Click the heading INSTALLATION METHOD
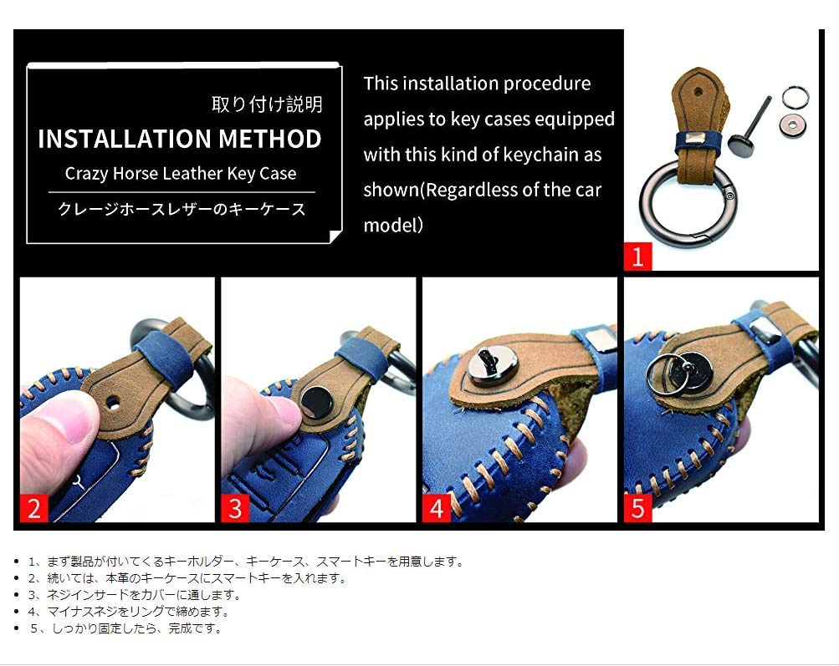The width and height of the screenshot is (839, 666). pyautogui.click(x=179, y=139)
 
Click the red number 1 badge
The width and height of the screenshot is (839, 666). pyautogui.click(x=637, y=257)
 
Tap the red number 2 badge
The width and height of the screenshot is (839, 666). pyautogui.click(x=33, y=507)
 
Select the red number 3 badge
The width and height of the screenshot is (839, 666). pyautogui.click(x=235, y=507)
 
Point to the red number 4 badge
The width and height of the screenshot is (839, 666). pyautogui.click(x=437, y=507)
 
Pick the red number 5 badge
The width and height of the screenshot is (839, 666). pyautogui.click(x=637, y=507)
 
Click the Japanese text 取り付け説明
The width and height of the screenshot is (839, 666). pyautogui.click(x=267, y=104)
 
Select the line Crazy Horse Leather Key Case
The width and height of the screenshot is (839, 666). pyautogui.click(x=180, y=174)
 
